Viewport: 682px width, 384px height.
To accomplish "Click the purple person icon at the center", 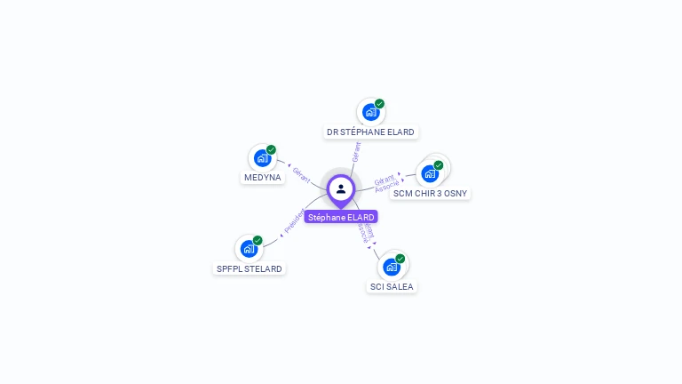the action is [341, 188].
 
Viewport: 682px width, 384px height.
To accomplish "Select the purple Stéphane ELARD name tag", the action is [341, 217].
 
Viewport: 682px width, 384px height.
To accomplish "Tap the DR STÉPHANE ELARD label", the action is [370, 132].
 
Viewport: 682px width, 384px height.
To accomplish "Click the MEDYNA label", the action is [262, 177].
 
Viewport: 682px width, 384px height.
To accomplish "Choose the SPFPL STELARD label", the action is [250, 268].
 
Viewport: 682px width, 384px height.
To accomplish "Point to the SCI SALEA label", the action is [392, 286].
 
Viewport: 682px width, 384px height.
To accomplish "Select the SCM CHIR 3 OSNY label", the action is [431, 193].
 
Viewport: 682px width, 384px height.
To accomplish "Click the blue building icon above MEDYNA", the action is [261, 158].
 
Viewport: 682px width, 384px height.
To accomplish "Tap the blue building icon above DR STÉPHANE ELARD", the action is [370, 113].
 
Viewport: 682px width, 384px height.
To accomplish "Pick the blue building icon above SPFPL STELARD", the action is [249, 249].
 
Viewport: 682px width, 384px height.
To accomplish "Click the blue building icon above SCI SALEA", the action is [391, 267].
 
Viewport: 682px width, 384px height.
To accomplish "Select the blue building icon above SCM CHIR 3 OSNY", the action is [430, 173].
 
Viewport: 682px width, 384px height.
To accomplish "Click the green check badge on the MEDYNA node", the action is [271, 149].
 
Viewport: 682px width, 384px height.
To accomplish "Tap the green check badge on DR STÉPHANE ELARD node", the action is [380, 104].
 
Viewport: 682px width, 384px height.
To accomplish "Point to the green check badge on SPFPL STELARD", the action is [258, 240].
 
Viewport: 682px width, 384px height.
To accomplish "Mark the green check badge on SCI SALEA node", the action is [400, 259].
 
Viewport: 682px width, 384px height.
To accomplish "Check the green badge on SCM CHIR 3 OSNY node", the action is [439, 165].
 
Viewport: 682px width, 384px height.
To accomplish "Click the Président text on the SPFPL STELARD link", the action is [294, 220].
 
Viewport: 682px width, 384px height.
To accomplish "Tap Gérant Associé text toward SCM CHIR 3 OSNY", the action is [385, 184].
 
